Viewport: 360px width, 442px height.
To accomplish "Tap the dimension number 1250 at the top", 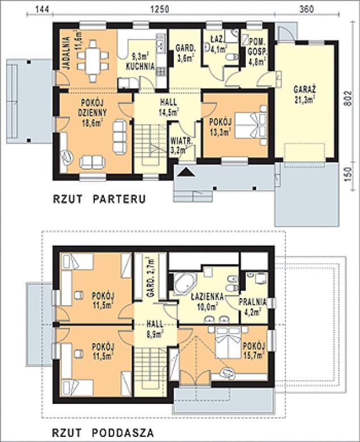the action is (x=160, y=9).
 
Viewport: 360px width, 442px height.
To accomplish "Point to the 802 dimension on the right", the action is (x=349, y=98).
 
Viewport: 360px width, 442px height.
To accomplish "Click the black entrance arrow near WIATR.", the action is (x=186, y=172).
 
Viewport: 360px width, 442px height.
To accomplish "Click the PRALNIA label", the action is (x=253, y=302).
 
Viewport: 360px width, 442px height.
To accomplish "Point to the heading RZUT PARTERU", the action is (x=99, y=199).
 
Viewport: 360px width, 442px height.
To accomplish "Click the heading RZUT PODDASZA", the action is (x=103, y=432).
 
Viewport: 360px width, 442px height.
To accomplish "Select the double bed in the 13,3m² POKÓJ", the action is (x=251, y=125).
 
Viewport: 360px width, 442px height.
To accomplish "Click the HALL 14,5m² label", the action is (x=169, y=107).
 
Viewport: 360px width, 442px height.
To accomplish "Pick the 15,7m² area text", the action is (x=254, y=355).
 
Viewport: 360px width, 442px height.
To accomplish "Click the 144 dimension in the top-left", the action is (x=43, y=9).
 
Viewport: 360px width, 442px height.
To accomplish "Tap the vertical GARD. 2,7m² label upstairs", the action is (x=150, y=276).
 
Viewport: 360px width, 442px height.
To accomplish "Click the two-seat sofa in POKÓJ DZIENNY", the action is (x=92, y=162).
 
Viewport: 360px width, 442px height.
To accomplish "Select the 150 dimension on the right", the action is (x=349, y=175).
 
